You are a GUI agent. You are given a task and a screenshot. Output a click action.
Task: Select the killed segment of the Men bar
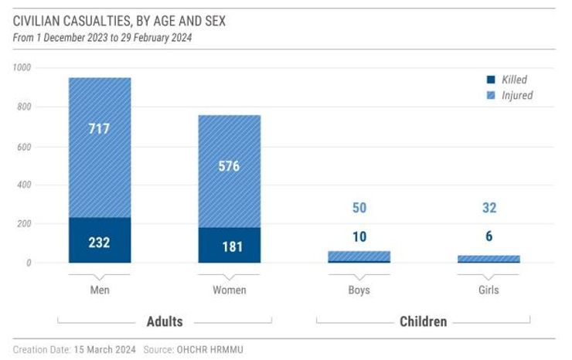coord(100,240)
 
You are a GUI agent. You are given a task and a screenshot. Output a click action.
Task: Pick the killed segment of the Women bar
coord(229,245)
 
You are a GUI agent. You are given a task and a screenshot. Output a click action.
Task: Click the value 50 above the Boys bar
coord(359,208)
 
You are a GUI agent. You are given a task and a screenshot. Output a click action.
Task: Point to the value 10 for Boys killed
coord(359,236)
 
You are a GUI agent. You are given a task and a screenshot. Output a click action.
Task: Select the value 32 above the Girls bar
coord(489,208)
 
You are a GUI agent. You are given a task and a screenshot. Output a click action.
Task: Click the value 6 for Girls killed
coord(489,236)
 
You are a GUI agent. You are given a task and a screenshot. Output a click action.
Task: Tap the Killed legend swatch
coord(490,80)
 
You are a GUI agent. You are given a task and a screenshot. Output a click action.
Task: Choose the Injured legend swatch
coord(490,96)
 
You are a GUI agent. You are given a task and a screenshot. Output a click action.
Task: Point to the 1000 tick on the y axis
coord(22,68)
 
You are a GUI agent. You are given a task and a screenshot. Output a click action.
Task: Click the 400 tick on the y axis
coord(23,185)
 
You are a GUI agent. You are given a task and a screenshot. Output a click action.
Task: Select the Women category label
coord(229,290)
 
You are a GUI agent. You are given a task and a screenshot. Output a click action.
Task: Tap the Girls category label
coord(489,290)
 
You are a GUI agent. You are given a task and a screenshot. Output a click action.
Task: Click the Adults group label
coord(165,321)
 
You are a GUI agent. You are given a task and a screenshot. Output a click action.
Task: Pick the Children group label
coord(423,321)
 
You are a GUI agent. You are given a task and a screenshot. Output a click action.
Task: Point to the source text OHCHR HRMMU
coord(211,349)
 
